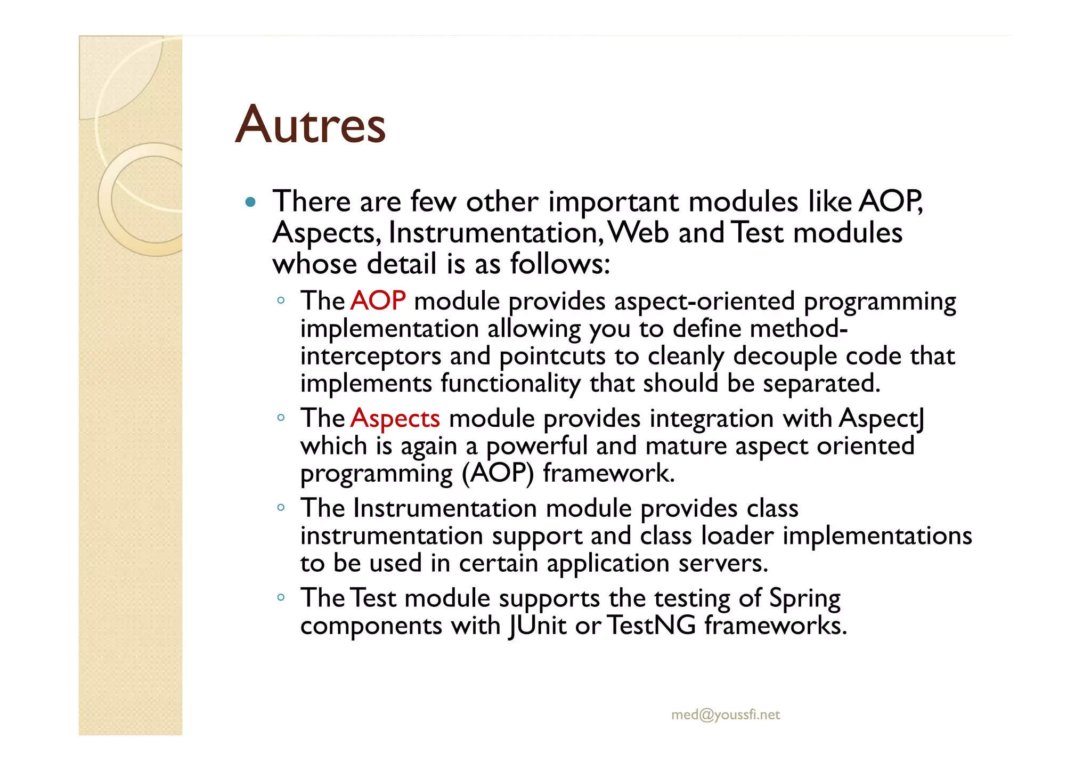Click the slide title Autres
(310, 125)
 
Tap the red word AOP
(378, 301)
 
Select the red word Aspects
(395, 418)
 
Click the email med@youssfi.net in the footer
(726, 715)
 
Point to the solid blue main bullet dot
(250, 202)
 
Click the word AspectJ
(882, 418)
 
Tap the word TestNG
(651, 625)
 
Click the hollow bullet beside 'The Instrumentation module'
(281, 508)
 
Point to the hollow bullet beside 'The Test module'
(281, 598)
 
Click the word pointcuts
(552, 356)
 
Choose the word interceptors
(371, 356)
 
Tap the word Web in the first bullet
(638, 233)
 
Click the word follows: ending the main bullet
(560, 264)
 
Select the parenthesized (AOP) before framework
(498, 473)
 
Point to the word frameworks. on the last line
(776, 625)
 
